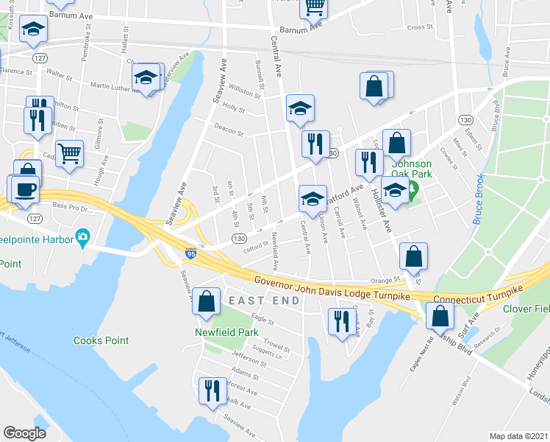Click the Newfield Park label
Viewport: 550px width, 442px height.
[x=226, y=332]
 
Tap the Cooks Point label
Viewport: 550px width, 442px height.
[x=101, y=340]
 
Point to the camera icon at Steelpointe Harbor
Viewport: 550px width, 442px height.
[x=83, y=238]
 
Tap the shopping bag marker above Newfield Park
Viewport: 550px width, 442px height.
[x=207, y=301]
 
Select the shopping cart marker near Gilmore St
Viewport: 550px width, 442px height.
[x=69, y=154]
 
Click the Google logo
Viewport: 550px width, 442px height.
[x=24, y=433]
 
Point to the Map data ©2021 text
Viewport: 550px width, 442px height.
[x=518, y=436]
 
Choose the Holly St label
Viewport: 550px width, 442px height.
[x=233, y=108]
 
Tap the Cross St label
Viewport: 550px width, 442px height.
[x=421, y=27]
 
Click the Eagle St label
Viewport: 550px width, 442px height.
[x=262, y=320]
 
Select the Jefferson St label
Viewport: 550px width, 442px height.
[x=248, y=360]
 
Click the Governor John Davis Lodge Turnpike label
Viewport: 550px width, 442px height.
[x=332, y=287]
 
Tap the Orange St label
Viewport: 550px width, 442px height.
[x=385, y=280]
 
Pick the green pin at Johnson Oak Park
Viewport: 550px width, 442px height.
[x=413, y=192]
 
